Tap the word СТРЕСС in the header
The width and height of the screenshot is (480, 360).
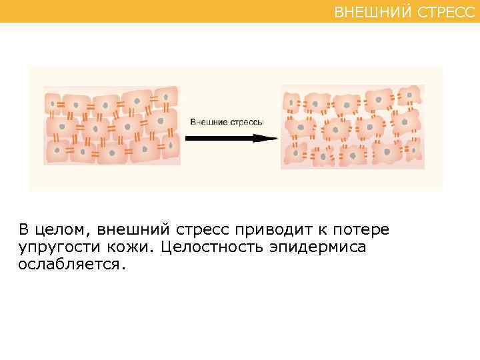coord(446,11)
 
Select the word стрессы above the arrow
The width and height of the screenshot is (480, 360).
coord(247,123)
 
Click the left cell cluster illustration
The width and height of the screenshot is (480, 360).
coord(111,125)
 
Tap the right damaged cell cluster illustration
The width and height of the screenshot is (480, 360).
coord(352,127)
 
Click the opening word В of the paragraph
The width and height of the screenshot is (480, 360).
coord(24,231)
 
